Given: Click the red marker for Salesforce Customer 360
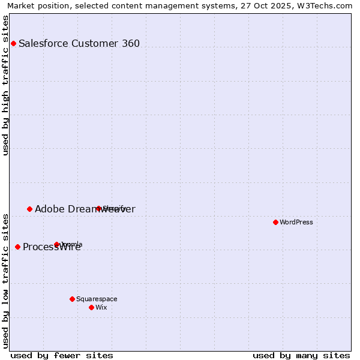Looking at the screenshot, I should coord(13,43).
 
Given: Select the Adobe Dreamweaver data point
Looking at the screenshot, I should coord(29,209).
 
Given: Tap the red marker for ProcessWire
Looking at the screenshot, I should coord(17,247).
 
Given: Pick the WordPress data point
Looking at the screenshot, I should coord(275,222).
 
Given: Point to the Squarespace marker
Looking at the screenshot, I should coord(72,299).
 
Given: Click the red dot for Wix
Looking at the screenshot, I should coord(91,307).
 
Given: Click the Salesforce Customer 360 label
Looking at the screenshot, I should coord(79,43).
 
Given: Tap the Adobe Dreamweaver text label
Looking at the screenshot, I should coord(85,209).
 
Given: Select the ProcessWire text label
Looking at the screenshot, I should coord(52,247).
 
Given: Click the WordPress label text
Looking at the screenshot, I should coord(296,222).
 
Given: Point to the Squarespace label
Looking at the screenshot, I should coord(97,299).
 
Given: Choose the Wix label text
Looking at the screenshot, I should coord(101,307).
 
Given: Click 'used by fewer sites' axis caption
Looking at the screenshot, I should coord(62,355).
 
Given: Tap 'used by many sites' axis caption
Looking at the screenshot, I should coord(301,355).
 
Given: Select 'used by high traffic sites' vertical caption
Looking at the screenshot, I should coord(5,85).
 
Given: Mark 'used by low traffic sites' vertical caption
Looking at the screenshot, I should coord(5,280).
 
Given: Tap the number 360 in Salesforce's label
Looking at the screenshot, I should coord(131,43).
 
